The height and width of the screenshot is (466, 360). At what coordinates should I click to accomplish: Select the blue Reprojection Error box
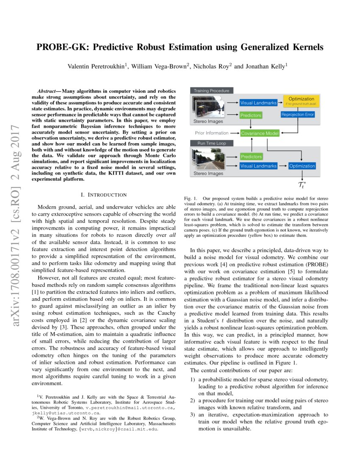(298, 115)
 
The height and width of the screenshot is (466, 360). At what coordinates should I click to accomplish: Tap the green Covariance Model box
(260, 133)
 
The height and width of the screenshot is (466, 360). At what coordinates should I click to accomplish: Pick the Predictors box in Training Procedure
(251, 115)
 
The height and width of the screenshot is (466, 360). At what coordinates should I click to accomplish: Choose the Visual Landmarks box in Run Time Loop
(258, 166)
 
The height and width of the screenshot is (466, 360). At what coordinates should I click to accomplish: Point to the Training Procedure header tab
(211, 91)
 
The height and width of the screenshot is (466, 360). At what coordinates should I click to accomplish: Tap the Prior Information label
(211, 133)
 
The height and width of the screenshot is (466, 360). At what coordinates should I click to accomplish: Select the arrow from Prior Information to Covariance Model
(234, 133)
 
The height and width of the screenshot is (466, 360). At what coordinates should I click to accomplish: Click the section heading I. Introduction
(103, 194)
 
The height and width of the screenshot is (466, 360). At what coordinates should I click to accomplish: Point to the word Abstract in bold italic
(47, 91)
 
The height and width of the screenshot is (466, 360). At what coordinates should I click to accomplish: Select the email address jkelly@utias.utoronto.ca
(66, 412)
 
